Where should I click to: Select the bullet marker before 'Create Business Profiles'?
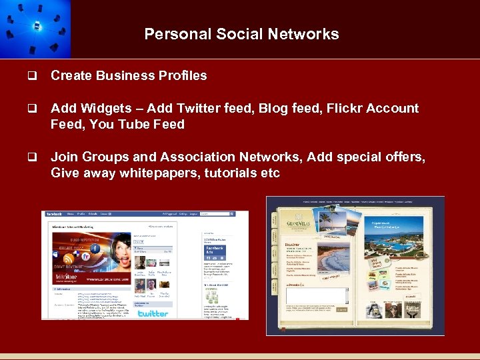31,76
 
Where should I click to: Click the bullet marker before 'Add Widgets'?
31,109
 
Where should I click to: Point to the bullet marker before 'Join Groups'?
31,157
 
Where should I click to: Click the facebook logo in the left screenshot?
54,214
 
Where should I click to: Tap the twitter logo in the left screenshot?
153,313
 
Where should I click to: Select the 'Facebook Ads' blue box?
215,251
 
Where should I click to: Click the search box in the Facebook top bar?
213,214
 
